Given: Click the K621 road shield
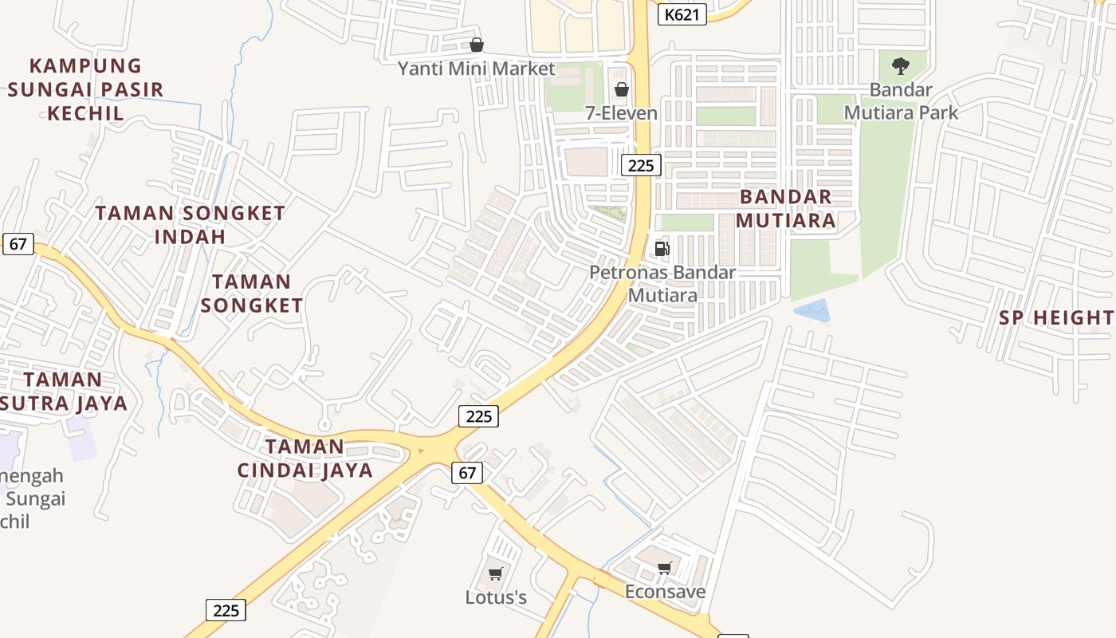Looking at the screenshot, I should point(682,14).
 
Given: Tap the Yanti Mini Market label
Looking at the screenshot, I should point(476,69).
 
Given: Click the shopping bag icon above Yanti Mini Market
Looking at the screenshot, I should point(476,45).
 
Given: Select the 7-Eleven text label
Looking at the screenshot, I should point(622,113).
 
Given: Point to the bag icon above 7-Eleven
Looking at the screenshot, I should point(622,89).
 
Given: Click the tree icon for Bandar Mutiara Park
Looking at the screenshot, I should point(901,66).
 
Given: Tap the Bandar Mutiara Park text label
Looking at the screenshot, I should point(901,101).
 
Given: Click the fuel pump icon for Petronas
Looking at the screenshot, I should point(662,248).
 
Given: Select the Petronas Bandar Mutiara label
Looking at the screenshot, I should point(662,284).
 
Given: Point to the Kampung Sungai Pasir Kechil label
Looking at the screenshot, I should point(85,89).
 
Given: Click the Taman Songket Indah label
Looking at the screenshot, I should point(190,225).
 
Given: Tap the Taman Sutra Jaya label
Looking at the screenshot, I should point(64,391).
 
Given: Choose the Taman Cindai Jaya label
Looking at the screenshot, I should point(305,458).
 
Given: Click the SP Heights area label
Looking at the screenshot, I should point(1056,317).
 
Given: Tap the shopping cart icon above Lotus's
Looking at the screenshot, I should point(496,573).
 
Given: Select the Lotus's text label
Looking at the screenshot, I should point(496,597).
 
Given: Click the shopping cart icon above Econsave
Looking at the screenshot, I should point(665,568).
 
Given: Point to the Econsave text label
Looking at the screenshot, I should point(665,592).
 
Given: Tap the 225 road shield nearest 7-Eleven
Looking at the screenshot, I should point(641,165).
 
